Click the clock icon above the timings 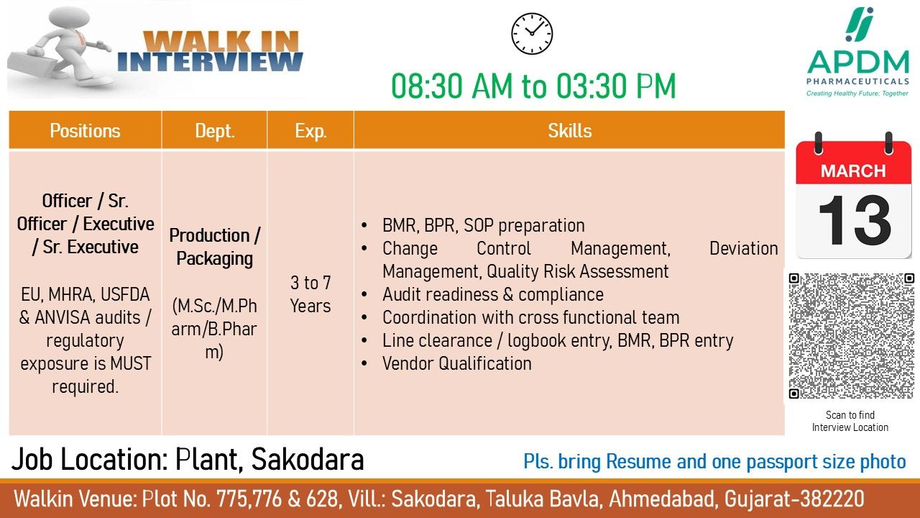[x=532, y=34]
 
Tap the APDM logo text [x=858, y=63]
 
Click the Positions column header [x=85, y=131]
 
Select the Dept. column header [x=215, y=131]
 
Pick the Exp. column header [x=310, y=131]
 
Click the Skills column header [x=570, y=131]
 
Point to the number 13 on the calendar [x=855, y=220]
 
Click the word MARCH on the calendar [x=853, y=171]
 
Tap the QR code [x=852, y=335]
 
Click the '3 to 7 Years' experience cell [x=310, y=294]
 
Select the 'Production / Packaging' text [x=215, y=247]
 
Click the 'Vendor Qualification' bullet [x=456, y=363]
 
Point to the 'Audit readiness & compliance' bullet [x=493, y=294]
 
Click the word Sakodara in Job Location [x=308, y=459]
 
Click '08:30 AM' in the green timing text [x=452, y=86]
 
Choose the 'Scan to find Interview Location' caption [x=850, y=421]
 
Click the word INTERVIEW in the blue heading [x=210, y=62]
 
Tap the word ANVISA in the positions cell [x=62, y=317]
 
